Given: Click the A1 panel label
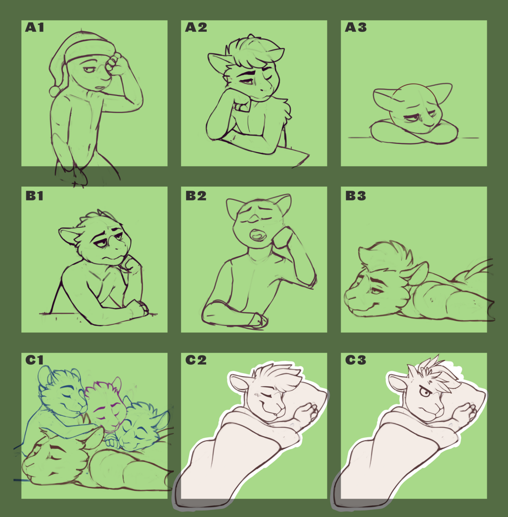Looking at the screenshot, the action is pos(34,27).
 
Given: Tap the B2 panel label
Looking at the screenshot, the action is pos(196,196).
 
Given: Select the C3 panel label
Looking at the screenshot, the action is pos(355,359).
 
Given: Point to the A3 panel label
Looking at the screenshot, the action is pos(355,27).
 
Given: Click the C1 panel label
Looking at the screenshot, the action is pos(34,359).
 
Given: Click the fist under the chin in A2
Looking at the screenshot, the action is pos(243,105).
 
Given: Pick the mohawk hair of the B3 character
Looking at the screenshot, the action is pos(386,255).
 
